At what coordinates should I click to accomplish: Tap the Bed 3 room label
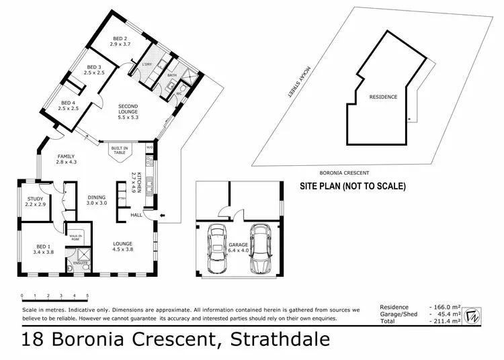coord(95,70)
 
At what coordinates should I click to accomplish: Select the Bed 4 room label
coord(69,104)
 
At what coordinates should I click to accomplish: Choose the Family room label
coord(67,159)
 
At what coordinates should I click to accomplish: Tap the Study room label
coord(36,200)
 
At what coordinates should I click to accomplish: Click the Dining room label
coord(97,199)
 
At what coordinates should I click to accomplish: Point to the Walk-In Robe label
coord(75,238)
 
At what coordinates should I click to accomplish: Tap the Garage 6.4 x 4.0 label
coord(239,248)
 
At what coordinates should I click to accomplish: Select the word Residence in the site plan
coord(383,97)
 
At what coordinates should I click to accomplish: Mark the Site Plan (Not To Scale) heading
coord(352,186)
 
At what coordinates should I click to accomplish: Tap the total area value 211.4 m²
coord(446,322)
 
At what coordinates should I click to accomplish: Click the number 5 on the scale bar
coord(87,296)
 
